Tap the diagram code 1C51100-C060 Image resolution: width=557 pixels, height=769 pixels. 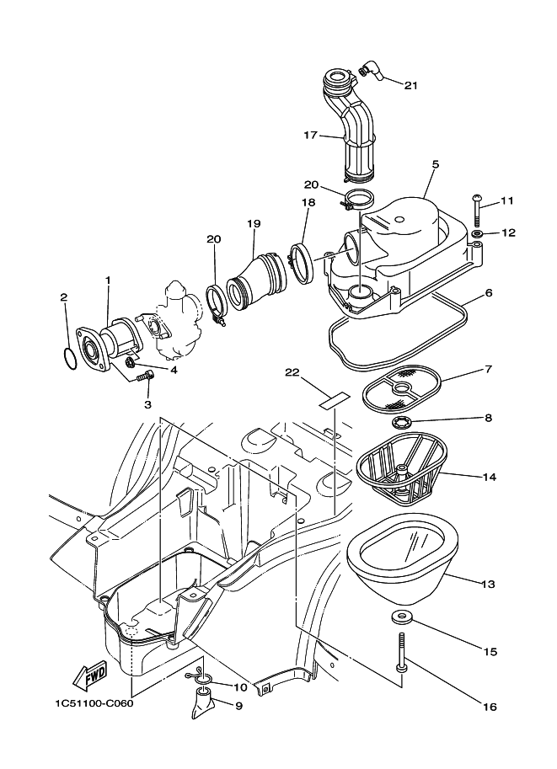tap(87, 704)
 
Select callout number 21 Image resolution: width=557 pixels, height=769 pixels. tap(411, 85)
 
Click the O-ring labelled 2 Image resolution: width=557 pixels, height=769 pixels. tap(74, 357)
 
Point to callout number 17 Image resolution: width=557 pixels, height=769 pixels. tap(310, 134)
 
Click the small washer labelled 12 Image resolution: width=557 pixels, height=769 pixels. tap(477, 232)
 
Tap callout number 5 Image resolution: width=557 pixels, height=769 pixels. tap(435, 165)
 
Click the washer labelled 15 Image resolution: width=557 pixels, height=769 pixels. tap(401, 618)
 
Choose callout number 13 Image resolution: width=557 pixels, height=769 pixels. tap(490, 583)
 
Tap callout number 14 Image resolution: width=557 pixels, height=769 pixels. tap(490, 477)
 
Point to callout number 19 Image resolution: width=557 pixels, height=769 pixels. tap(253, 224)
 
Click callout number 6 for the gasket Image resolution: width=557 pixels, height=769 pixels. tap(489, 294)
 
